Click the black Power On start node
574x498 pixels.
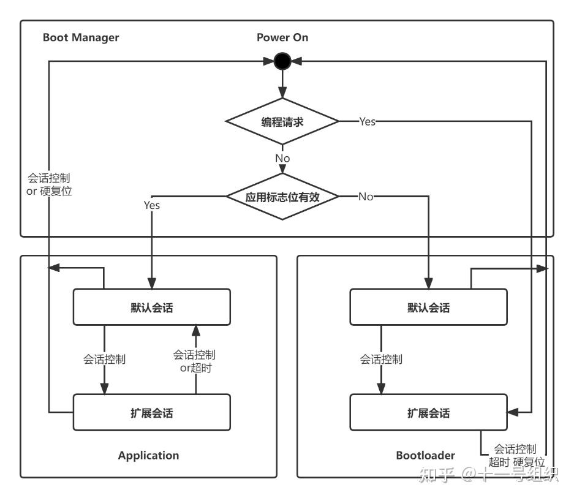click(282, 61)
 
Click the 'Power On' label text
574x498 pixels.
click(282, 37)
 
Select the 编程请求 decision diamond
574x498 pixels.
click(282, 121)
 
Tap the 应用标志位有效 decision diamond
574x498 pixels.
click(282, 197)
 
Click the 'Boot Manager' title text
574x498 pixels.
click(81, 37)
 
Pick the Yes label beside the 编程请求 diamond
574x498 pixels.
click(367, 121)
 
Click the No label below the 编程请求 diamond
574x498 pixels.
click(282, 158)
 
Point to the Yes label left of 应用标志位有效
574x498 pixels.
click(151, 205)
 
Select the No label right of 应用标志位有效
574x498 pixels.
click(366, 197)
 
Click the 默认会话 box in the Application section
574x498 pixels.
click(152, 307)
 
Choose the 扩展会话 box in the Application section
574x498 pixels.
click(152, 412)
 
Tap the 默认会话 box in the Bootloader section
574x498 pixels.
click(428, 307)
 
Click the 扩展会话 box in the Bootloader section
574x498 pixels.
click(428, 412)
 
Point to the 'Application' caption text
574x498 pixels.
click(148, 455)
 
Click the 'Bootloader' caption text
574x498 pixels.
click(425, 455)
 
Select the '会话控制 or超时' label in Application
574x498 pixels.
click(194, 361)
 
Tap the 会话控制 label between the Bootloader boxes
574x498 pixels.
click(380, 360)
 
